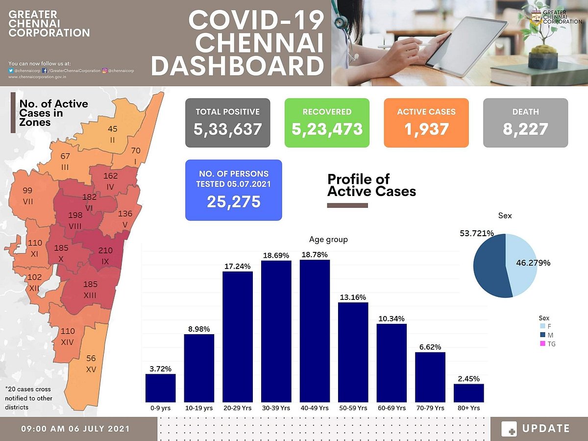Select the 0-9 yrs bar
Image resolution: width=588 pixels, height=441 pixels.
(x=160, y=388)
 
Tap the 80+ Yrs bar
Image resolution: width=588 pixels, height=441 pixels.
(x=468, y=393)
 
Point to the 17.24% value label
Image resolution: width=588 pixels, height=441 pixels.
(x=238, y=266)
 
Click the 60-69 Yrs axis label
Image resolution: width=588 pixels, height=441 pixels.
(x=392, y=408)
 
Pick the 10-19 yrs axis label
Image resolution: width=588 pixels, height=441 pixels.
(x=199, y=408)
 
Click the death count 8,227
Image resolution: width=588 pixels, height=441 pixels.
(x=525, y=129)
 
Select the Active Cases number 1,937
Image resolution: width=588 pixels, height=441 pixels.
(x=426, y=129)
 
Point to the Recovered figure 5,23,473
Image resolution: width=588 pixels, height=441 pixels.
(x=327, y=129)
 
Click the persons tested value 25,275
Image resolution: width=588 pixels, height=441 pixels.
(x=233, y=201)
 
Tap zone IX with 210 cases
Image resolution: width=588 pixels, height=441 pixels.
(x=105, y=255)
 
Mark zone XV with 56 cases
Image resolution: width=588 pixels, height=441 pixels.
(x=91, y=363)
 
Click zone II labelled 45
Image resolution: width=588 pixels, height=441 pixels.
(x=113, y=133)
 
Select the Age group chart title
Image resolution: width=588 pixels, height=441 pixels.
(x=328, y=240)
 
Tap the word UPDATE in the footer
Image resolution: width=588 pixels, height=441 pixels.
(x=546, y=429)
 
